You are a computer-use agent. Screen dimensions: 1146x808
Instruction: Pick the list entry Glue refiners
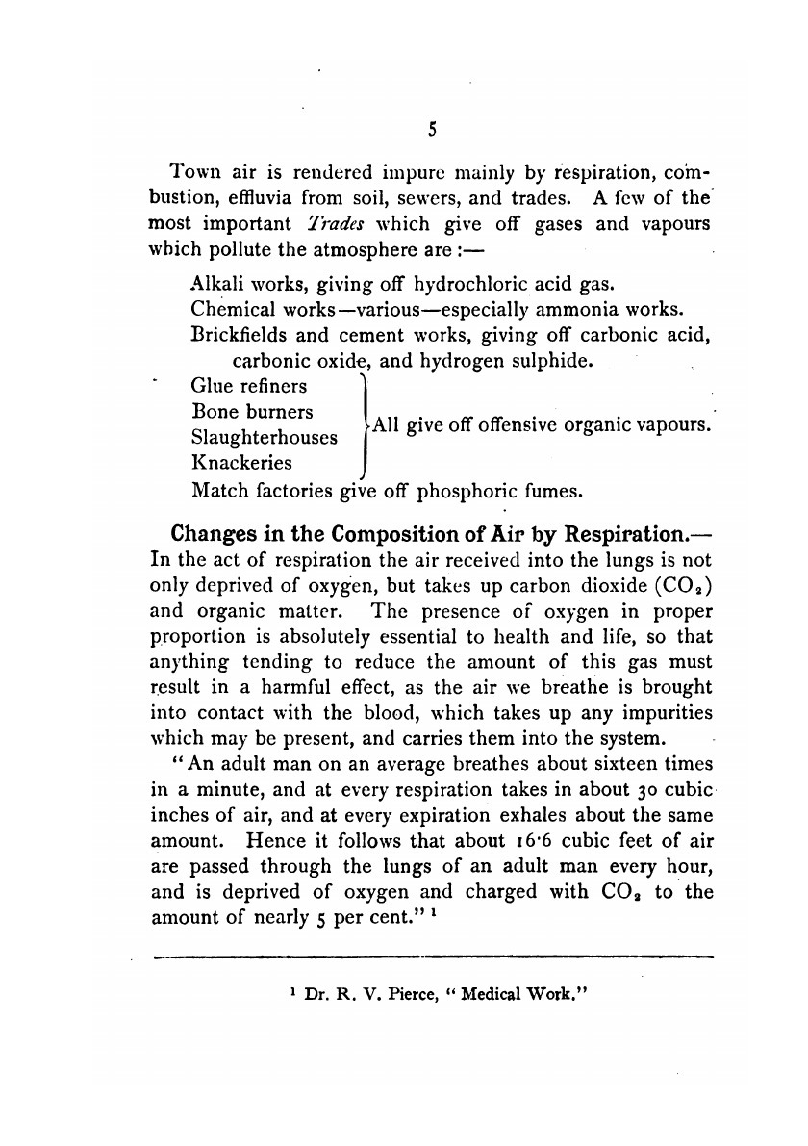(x=249, y=387)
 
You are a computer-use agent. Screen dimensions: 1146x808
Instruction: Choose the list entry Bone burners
(x=252, y=412)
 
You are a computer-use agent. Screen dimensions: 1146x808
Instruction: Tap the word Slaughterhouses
(x=265, y=437)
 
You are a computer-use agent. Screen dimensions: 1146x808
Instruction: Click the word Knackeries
(x=242, y=462)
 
